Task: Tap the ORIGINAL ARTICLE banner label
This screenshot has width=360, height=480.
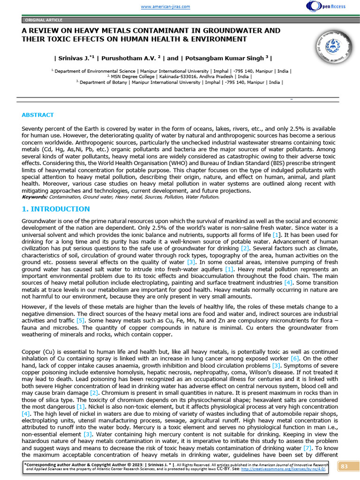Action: [x=44, y=20]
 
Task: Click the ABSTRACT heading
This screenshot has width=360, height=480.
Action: [x=37, y=115]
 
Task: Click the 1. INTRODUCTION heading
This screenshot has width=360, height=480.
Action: [x=56, y=209]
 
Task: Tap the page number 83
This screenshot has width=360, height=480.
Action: [x=345, y=466]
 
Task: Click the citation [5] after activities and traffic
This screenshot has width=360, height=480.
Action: [x=81, y=320]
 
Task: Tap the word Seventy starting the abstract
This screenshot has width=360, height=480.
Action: [x=33, y=128]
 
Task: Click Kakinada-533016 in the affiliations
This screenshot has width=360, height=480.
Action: [x=177, y=76]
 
